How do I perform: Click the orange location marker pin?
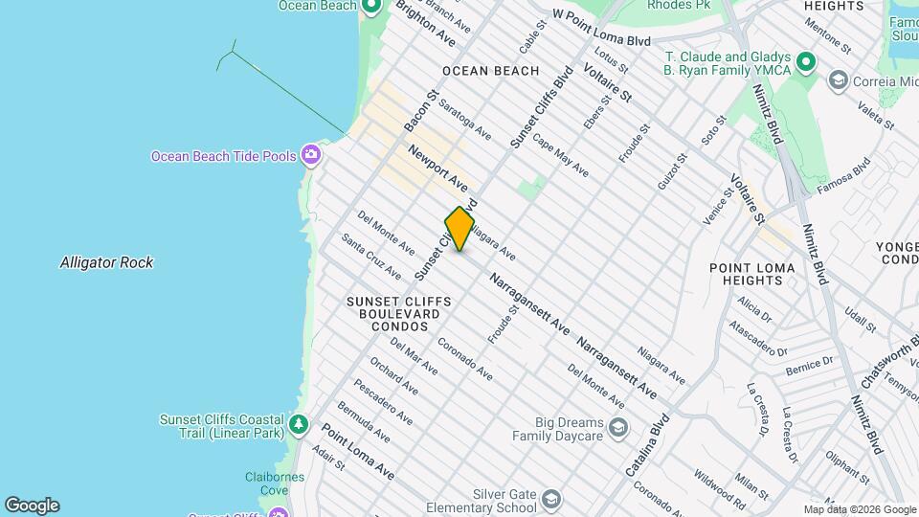click(x=459, y=229)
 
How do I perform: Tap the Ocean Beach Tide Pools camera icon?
click(x=310, y=154)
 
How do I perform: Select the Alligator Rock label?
click(x=106, y=262)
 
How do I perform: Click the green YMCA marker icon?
click(x=806, y=63)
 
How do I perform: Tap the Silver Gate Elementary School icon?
click(x=551, y=499)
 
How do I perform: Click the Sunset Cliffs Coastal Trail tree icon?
click(x=299, y=422)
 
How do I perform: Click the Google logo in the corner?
click(x=32, y=505)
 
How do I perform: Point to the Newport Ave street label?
click(x=437, y=168)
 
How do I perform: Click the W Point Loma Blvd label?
click(x=602, y=28)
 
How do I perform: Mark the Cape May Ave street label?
click(x=561, y=155)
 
